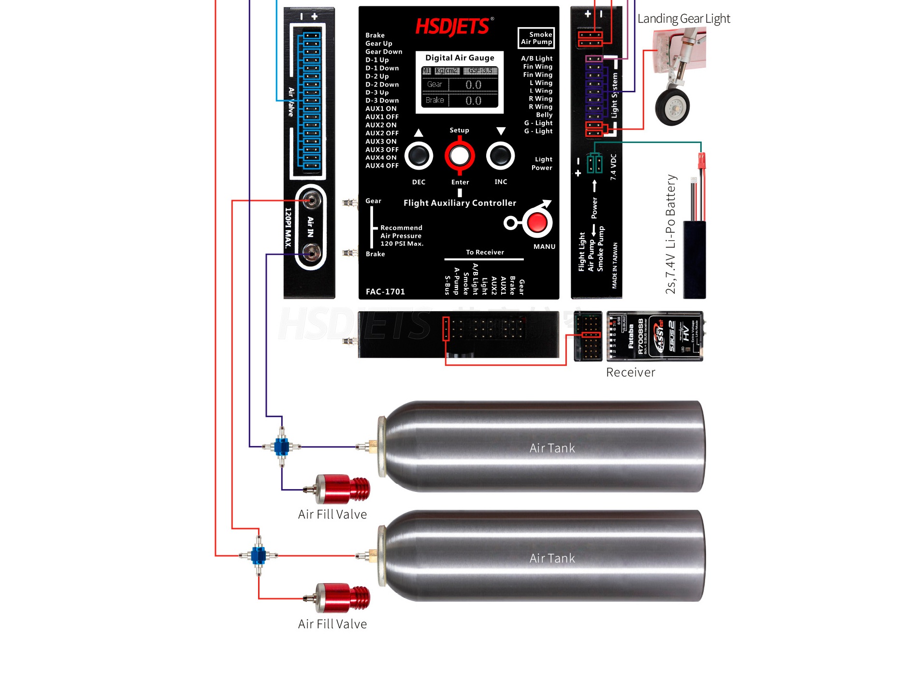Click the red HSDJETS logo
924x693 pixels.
pos(453,27)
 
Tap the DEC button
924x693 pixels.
pos(419,156)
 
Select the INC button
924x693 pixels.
pos(500,156)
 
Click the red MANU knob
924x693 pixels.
pos(537,223)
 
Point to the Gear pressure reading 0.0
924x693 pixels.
pos(473,85)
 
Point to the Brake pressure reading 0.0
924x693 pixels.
pos(473,101)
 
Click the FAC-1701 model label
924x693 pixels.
pos(385,291)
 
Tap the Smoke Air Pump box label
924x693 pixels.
pos(536,38)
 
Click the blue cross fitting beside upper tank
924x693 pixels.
pos(282,447)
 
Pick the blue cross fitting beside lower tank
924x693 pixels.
pos(259,556)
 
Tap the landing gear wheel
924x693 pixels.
pos(672,107)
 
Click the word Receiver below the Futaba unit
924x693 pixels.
pos(630,372)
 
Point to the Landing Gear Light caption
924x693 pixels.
pos(683,19)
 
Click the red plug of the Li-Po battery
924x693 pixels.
pos(701,160)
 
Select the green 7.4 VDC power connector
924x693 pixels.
pos(594,164)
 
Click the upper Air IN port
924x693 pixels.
pos(311,200)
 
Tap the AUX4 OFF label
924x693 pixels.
pos(382,166)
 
